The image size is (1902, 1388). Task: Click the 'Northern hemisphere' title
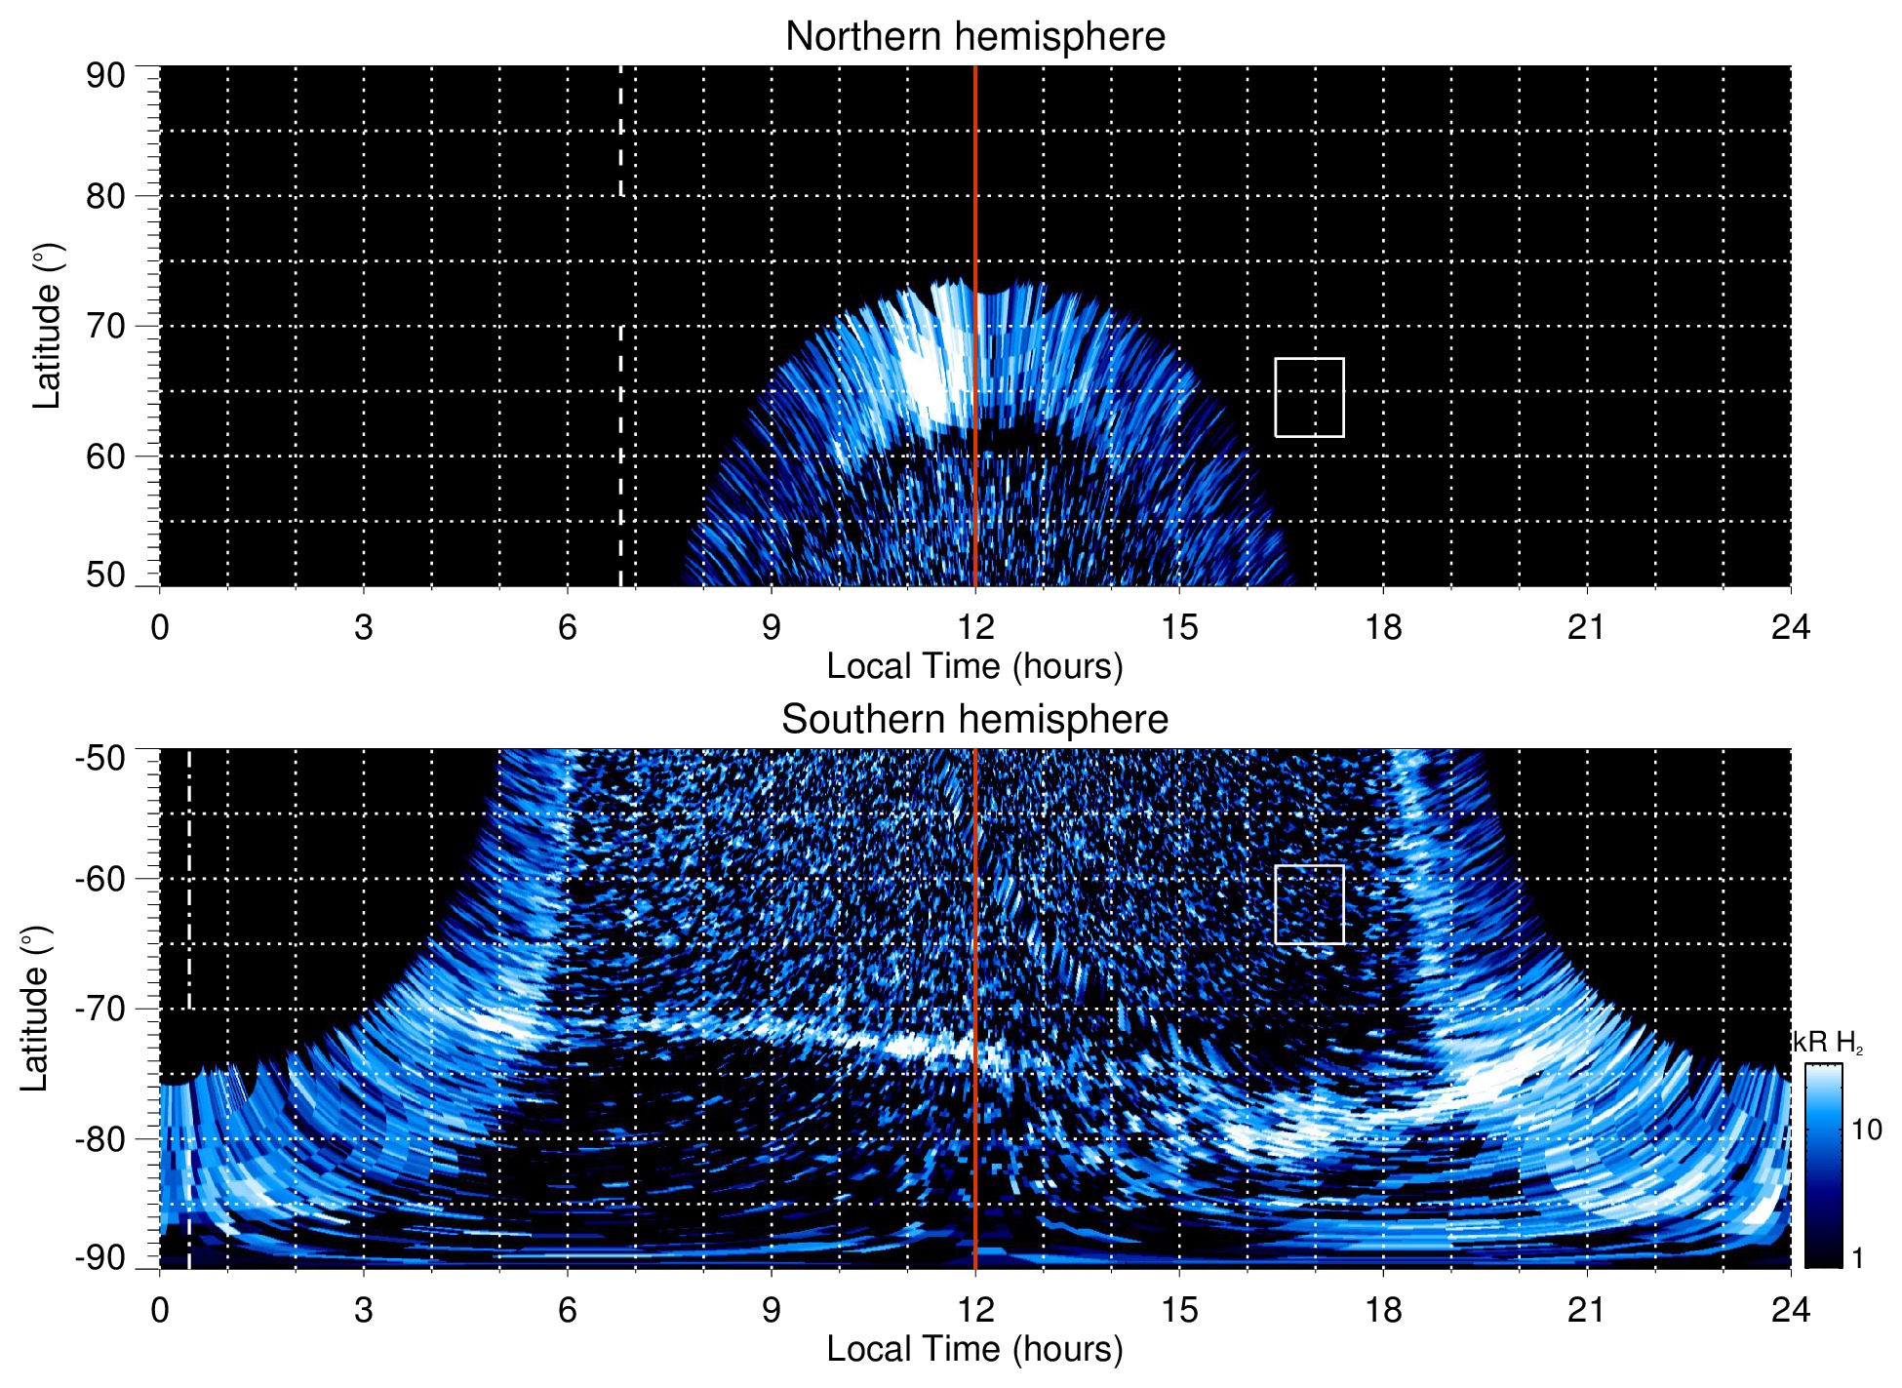pyautogui.click(x=974, y=37)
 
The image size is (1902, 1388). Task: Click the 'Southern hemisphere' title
pyautogui.click(x=974, y=720)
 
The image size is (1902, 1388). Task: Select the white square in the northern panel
pyautogui.click(x=1309, y=398)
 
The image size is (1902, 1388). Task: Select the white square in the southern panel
pyautogui.click(x=1309, y=904)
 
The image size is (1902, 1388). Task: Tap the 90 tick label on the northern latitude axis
pyautogui.click(x=105, y=76)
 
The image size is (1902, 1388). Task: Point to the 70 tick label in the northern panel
pyautogui.click(x=105, y=326)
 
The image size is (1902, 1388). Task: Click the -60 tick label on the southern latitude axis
pyautogui.click(x=100, y=879)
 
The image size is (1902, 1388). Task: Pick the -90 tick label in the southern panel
pyautogui.click(x=100, y=1257)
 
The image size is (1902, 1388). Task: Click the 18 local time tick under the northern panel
pyautogui.click(x=1382, y=627)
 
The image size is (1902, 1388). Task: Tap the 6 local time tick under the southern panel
pyautogui.click(x=567, y=1310)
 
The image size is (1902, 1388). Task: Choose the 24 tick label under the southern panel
pyautogui.click(x=1790, y=1310)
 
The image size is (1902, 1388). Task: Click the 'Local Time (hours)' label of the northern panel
pyautogui.click(x=974, y=666)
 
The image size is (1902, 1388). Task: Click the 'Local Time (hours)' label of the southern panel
pyautogui.click(x=974, y=1349)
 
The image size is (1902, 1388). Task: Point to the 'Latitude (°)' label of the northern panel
pyautogui.click(x=47, y=326)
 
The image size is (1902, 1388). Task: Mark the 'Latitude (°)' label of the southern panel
pyautogui.click(x=35, y=1009)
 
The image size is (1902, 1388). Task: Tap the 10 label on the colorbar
pyautogui.click(x=1866, y=1130)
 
